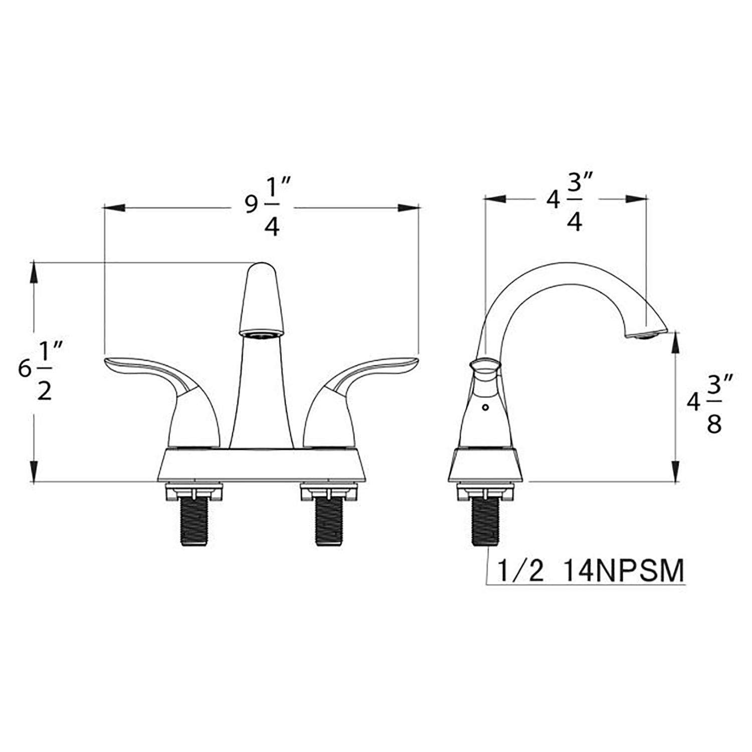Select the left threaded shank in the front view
coord(195,521)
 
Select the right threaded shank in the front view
coord(329,521)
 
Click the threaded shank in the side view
coord(486,521)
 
